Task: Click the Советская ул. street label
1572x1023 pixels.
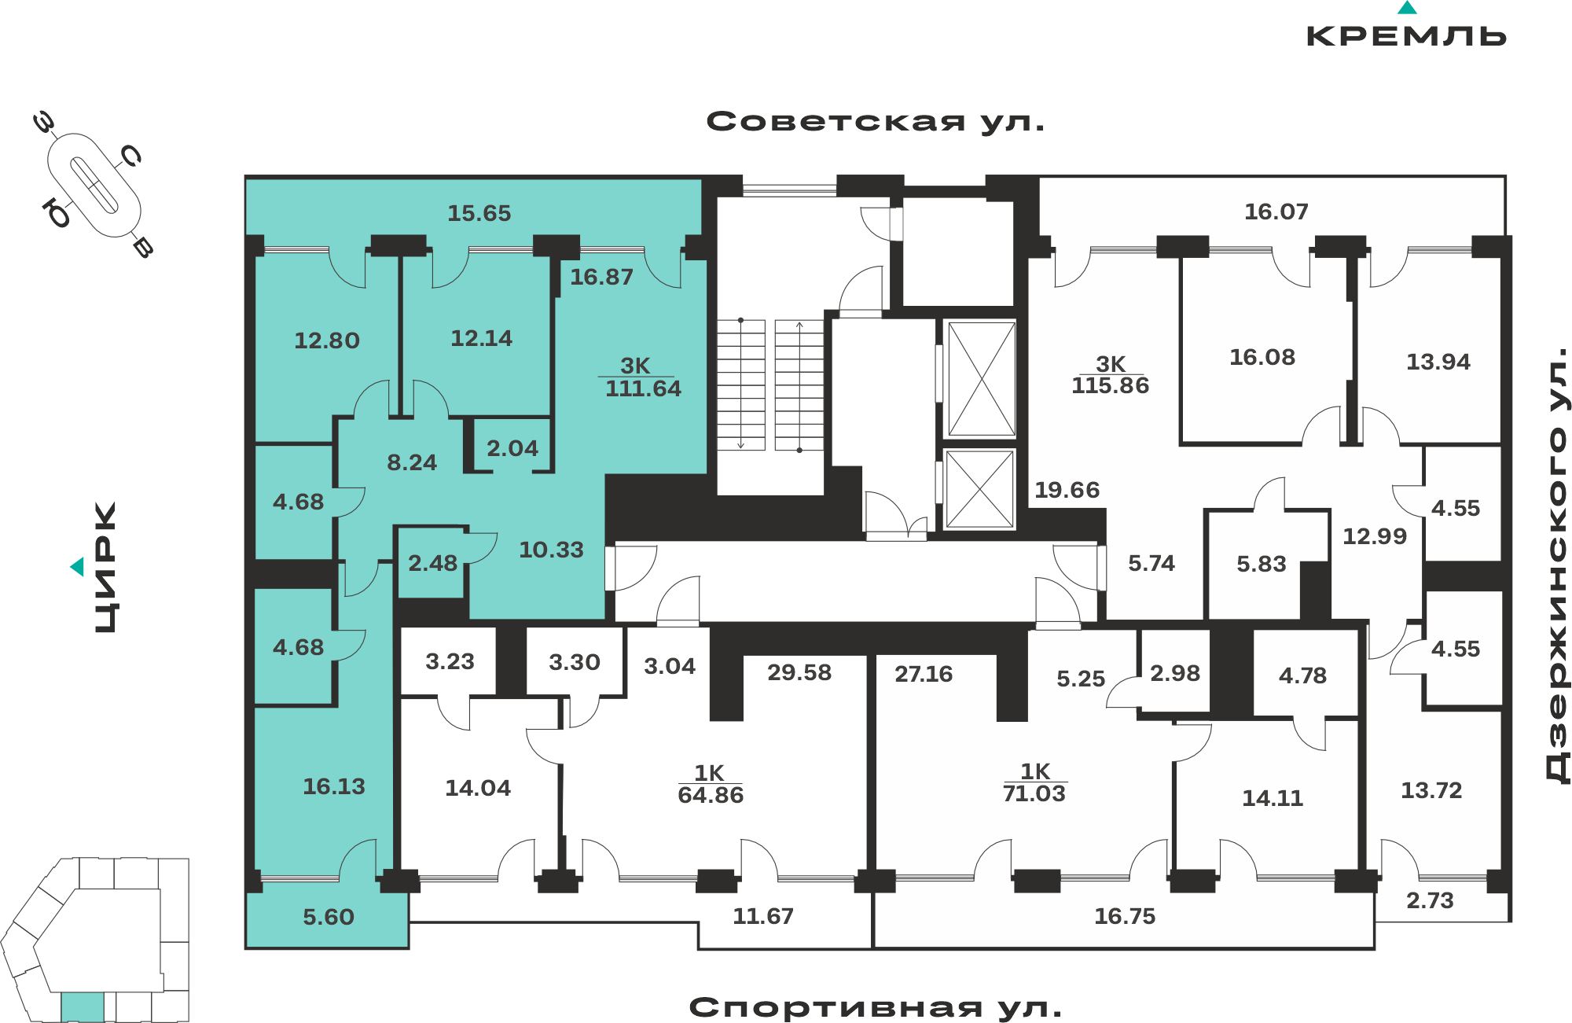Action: (876, 122)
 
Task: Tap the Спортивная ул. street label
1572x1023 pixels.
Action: (876, 1007)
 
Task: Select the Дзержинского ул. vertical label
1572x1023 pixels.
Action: (1557, 565)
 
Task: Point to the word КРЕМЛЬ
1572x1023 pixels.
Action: (1406, 36)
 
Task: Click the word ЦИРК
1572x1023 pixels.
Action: (105, 567)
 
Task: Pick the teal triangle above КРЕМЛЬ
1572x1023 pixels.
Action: (1407, 8)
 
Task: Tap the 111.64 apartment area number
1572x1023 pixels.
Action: (643, 388)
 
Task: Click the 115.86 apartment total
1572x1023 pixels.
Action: (1110, 385)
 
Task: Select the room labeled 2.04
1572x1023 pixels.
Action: (512, 448)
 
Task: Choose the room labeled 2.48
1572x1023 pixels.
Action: (432, 563)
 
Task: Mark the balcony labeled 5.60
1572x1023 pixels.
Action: (329, 917)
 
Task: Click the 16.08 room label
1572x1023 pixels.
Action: (1262, 357)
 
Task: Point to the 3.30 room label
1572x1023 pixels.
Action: (575, 662)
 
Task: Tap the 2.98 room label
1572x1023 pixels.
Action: (1175, 673)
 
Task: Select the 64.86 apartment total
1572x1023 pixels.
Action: (711, 795)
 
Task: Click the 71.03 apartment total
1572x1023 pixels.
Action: (1034, 793)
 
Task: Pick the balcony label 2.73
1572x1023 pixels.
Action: (1430, 900)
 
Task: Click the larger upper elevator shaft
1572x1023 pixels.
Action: (982, 378)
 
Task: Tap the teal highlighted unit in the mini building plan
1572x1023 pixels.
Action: (83, 1006)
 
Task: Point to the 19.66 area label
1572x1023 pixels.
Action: (1067, 490)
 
